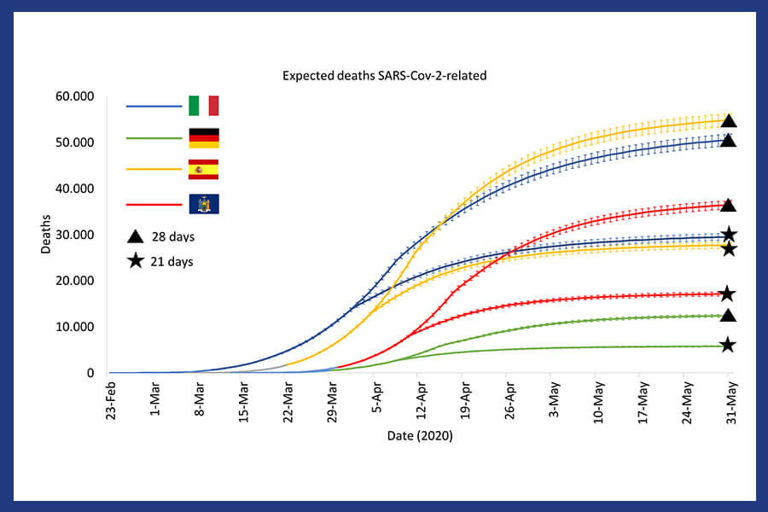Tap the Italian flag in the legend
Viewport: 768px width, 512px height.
pyautogui.click(x=203, y=106)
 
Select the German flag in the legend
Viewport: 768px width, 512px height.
pyautogui.click(x=203, y=137)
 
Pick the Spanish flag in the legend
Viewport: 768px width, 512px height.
pyautogui.click(x=203, y=169)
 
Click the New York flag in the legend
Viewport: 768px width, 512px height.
pyautogui.click(x=203, y=204)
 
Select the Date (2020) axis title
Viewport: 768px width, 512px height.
pyautogui.click(x=418, y=436)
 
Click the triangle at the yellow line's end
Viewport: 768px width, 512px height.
pyautogui.click(x=728, y=120)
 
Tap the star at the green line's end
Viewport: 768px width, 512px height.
pyautogui.click(x=728, y=345)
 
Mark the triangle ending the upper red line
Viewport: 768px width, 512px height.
pyautogui.click(x=728, y=205)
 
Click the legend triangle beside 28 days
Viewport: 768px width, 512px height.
pyautogui.click(x=135, y=236)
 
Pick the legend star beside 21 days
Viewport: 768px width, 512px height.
pyautogui.click(x=135, y=261)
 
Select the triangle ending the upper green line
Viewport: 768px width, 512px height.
pyautogui.click(x=728, y=316)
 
